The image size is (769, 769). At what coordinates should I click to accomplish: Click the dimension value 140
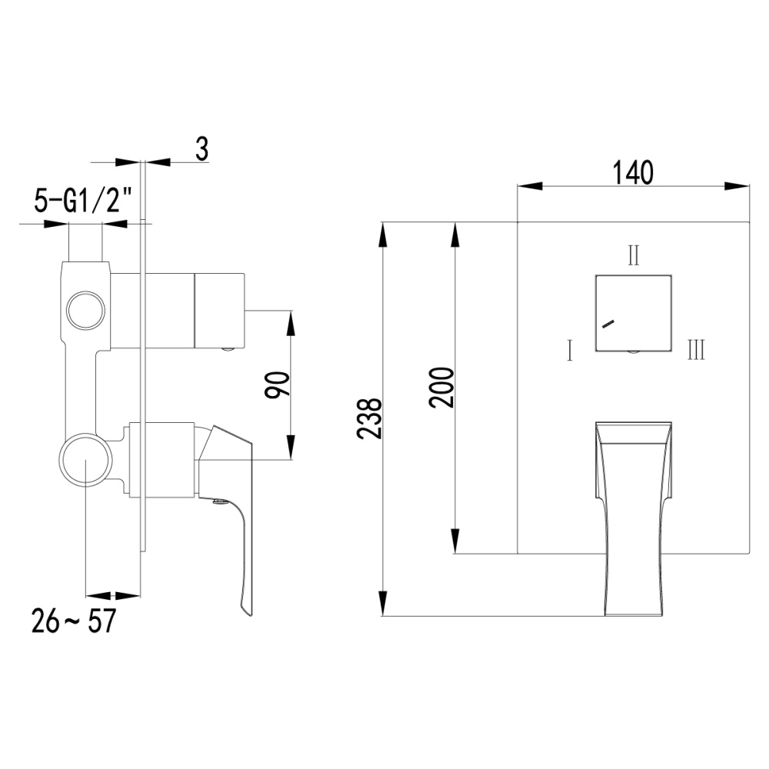coord(633,172)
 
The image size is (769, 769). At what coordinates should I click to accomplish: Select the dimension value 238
coord(370,418)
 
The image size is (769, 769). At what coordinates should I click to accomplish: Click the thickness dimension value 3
coord(201,148)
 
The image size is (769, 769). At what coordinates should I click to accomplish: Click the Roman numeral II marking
coord(633,255)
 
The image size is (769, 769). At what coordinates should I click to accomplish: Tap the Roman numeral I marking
coord(568,352)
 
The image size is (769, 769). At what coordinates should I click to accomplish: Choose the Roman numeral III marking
coord(695,351)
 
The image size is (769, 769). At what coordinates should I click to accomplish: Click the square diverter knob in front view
coord(633,312)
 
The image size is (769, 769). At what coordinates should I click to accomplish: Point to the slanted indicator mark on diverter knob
coord(608,324)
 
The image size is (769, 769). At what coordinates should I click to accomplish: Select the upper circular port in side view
coord(85,310)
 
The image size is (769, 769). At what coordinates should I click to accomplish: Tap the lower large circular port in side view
coord(85,461)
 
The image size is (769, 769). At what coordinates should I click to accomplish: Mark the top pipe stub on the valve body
coord(85,243)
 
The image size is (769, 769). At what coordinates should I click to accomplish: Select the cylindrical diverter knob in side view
coord(218,310)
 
